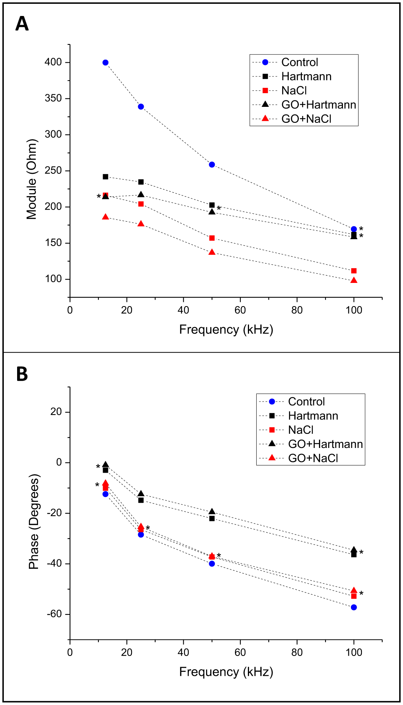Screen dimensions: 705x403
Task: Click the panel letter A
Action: click(22, 24)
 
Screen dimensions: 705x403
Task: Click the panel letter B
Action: click(22, 374)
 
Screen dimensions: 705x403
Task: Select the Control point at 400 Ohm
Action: click(105, 62)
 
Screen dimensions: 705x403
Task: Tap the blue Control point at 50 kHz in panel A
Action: click(212, 165)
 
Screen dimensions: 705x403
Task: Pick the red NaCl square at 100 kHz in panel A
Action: click(354, 271)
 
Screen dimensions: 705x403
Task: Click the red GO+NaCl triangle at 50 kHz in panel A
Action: click(212, 252)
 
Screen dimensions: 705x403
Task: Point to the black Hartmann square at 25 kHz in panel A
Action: click(141, 182)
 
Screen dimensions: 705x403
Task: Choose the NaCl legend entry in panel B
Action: click(300, 430)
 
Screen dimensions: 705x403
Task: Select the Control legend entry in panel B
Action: click(306, 402)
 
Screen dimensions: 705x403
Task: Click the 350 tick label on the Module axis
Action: click(53, 98)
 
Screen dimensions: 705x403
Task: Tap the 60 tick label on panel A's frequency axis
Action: click(240, 310)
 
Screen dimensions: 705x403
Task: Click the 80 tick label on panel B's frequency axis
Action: click(297, 653)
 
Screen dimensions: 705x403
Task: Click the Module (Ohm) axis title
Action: click(32, 179)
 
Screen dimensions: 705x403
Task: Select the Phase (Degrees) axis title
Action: click(34, 521)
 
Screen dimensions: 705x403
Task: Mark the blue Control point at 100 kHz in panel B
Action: click(354, 607)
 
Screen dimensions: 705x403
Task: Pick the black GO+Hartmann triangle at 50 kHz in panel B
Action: click(212, 512)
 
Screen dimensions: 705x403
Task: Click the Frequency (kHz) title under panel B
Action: click(226, 672)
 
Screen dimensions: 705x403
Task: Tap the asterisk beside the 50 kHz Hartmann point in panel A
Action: click(219, 209)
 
